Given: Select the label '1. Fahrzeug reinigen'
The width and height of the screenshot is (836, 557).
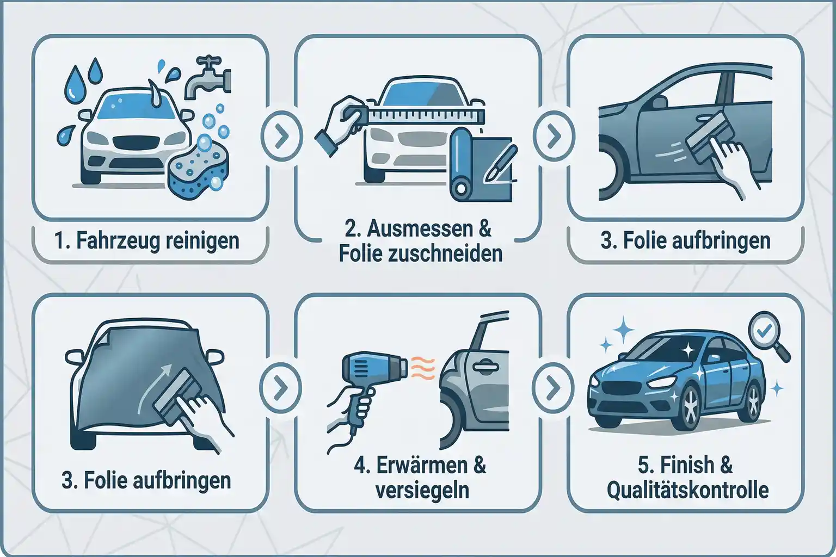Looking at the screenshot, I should tap(147, 240).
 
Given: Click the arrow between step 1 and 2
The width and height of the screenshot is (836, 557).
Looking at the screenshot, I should tap(281, 137).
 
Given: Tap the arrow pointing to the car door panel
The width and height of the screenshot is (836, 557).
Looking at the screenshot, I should tap(554, 137).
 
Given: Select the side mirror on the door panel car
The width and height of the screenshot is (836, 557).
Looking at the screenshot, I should tap(660, 102).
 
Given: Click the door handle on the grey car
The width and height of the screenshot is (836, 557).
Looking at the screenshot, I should tap(483, 368).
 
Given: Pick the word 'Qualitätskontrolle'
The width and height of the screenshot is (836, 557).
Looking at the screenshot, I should tap(687, 491).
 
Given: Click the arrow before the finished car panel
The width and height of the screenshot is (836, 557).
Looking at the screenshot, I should tap(554, 387).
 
